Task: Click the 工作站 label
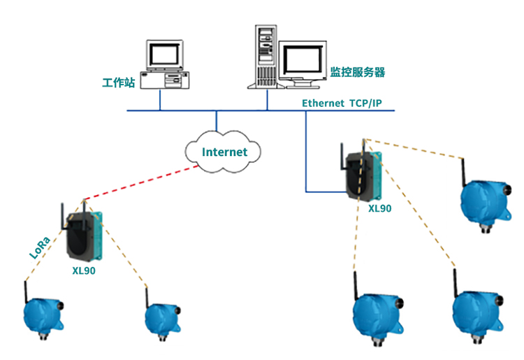[x=117, y=82]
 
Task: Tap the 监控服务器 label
[x=357, y=72]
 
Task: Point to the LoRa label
[x=39, y=247]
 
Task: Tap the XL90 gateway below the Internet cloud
[x=84, y=234]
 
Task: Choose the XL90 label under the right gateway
[x=380, y=208]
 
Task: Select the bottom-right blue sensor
[x=477, y=311]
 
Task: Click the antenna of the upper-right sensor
[x=463, y=170]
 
